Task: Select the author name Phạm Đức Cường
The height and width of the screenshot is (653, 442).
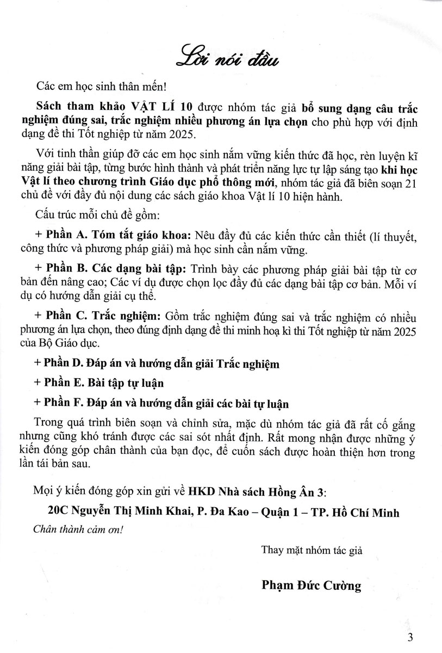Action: coord(311,586)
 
